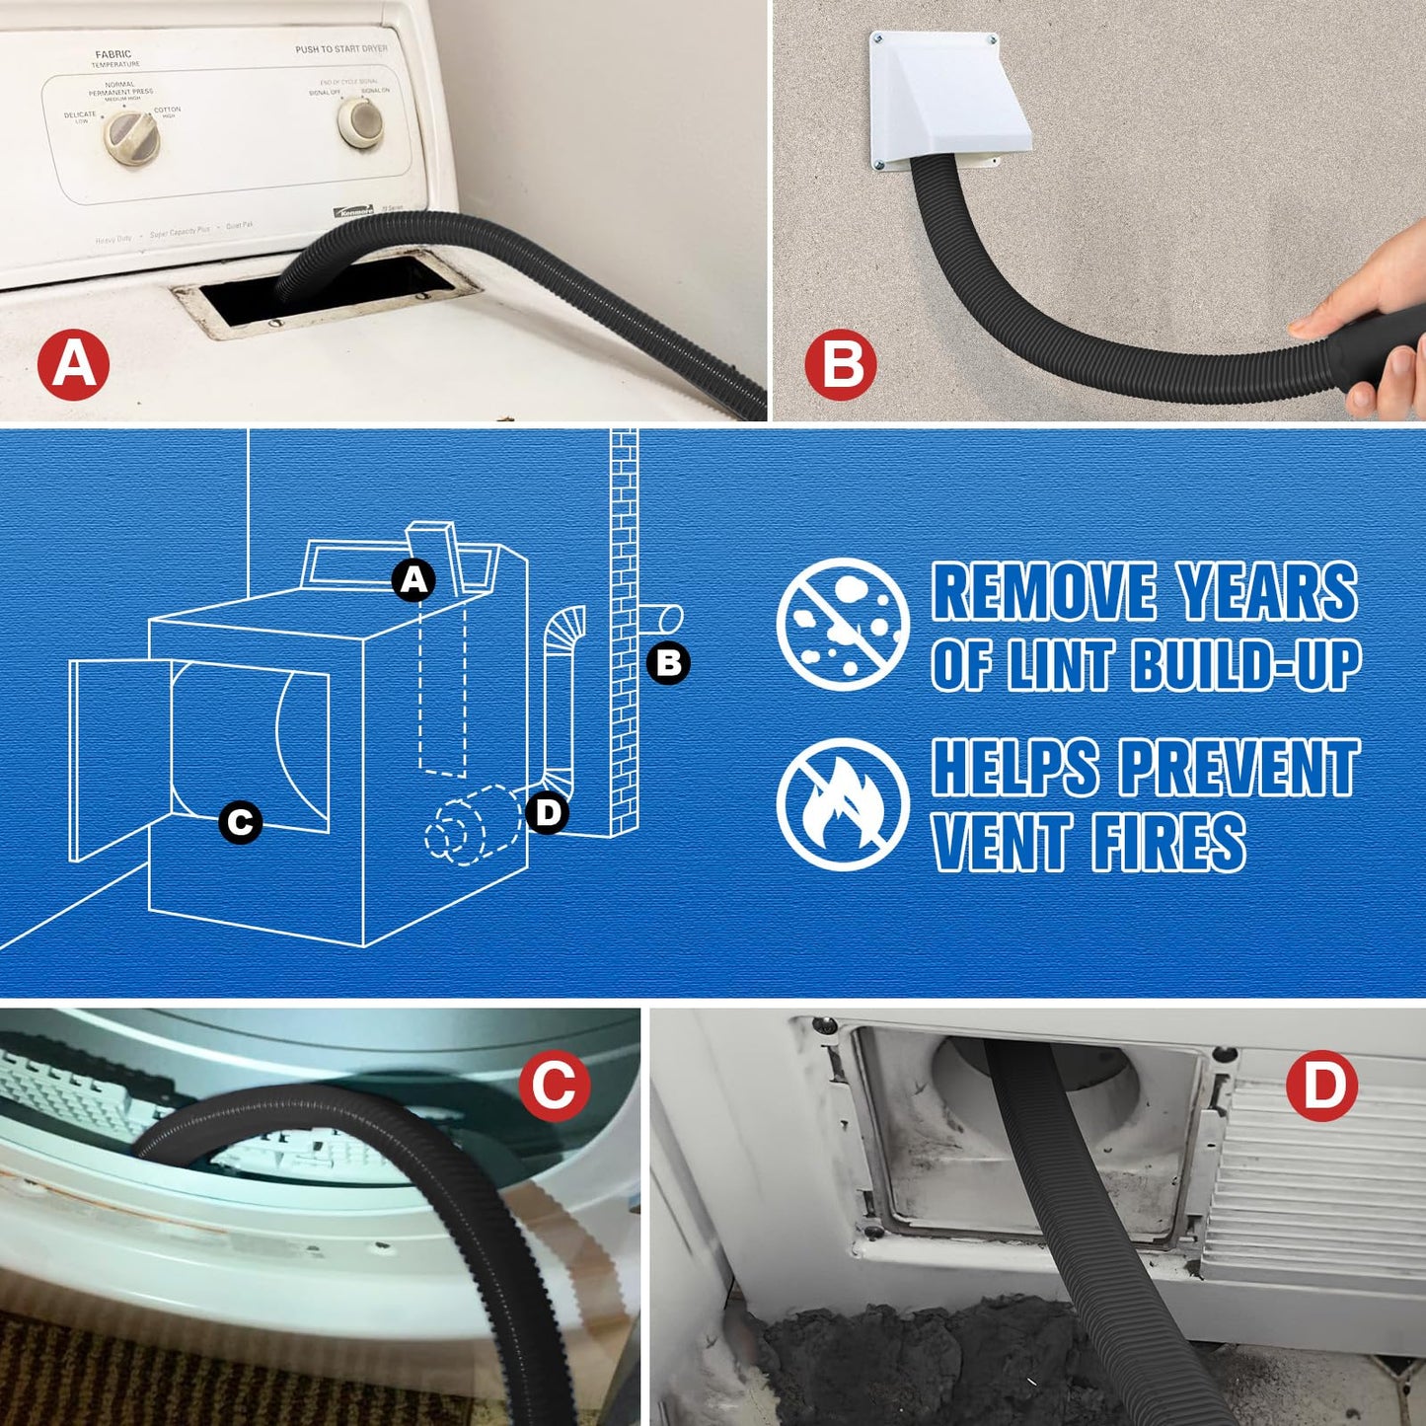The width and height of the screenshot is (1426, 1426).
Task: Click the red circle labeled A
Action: click(73, 365)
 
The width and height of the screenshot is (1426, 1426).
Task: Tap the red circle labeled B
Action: click(840, 365)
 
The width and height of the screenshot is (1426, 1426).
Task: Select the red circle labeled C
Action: click(554, 1086)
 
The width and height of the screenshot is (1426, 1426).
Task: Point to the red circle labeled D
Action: click(1321, 1086)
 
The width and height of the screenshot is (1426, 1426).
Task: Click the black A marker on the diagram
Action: click(413, 580)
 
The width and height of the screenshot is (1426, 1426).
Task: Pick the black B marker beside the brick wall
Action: click(668, 662)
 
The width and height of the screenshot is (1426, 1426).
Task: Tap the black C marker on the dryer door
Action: click(240, 822)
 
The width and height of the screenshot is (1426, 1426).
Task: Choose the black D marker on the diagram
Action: click(547, 813)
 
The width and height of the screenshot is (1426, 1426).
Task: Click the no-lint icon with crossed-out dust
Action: click(842, 624)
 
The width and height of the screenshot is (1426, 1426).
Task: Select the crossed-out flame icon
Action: click(842, 804)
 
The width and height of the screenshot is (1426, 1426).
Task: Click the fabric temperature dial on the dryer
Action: click(131, 137)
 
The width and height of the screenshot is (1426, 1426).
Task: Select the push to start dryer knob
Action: click(360, 121)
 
